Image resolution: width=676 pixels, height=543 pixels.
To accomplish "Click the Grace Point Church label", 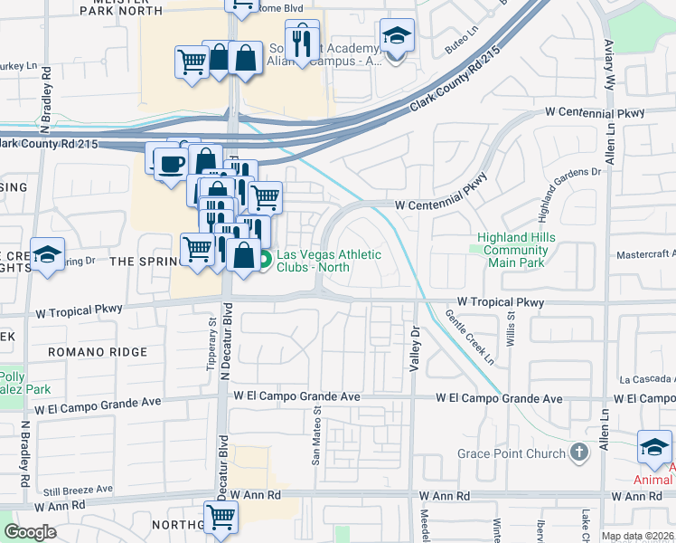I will point(510,452).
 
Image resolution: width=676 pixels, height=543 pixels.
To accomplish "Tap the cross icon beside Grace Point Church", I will point(579,452).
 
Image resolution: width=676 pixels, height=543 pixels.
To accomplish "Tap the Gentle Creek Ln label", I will point(470,337).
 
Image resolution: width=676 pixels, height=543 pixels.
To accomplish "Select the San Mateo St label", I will point(316,434).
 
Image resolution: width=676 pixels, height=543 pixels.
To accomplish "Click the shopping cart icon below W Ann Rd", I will point(221,519).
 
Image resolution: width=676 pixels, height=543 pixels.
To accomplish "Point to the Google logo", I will point(31,532).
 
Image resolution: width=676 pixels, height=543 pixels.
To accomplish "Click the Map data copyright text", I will point(637,536).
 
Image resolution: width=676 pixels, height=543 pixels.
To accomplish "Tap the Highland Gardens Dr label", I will point(568,195).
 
